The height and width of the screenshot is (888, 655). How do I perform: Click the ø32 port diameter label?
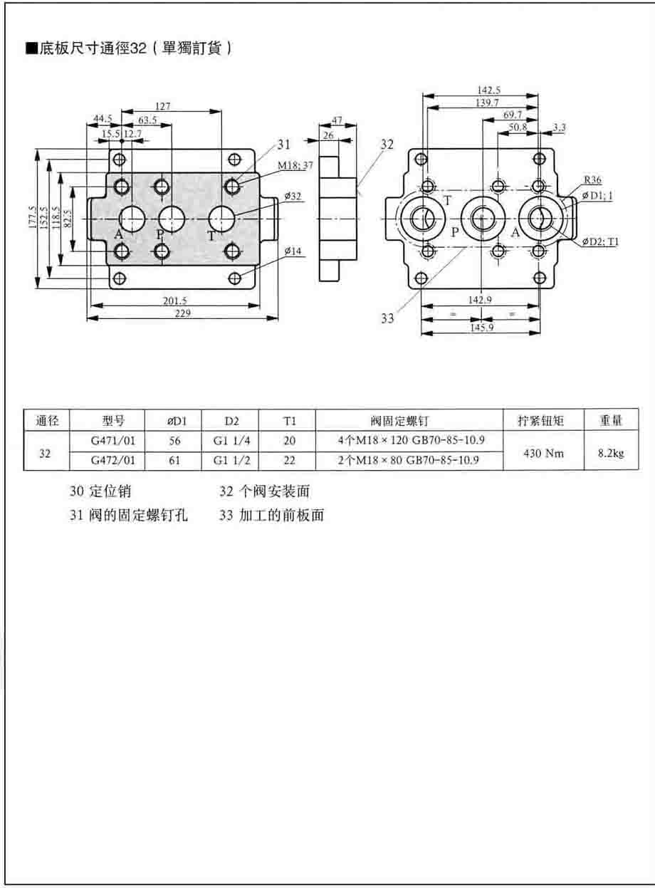tap(292, 196)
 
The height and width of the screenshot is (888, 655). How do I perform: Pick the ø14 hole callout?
tap(293, 251)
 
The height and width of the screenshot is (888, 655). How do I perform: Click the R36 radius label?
tap(592, 180)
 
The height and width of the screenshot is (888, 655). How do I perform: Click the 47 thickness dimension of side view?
tap(337, 121)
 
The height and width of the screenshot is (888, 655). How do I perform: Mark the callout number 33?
tap(387, 318)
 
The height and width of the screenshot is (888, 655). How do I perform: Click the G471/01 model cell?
tap(113, 441)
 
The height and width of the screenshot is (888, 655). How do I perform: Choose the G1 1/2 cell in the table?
tap(231, 461)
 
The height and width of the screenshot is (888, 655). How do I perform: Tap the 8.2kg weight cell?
tap(610, 451)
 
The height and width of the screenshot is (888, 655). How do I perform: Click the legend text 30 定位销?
tap(100, 491)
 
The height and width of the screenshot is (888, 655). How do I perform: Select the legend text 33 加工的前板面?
tap(271, 516)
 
